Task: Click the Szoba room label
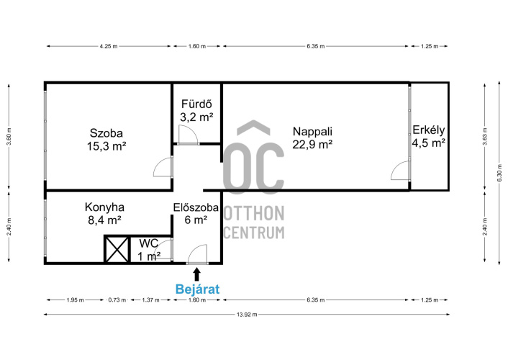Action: tap(106, 140)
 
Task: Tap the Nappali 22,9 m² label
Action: tap(312, 138)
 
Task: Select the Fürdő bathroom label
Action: tap(196, 110)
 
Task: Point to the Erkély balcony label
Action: tap(428, 136)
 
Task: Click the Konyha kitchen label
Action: tap(104, 213)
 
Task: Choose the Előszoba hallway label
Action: tap(196, 213)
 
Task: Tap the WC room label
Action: tap(149, 250)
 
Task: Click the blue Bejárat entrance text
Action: tap(197, 289)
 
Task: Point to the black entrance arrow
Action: tap(196, 274)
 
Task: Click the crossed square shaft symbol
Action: tap(117, 249)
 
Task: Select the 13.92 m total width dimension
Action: tap(247, 314)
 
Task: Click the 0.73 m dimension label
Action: tap(117, 300)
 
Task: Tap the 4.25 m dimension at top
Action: tap(109, 46)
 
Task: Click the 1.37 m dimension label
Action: tap(150, 300)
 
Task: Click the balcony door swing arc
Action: tap(396, 166)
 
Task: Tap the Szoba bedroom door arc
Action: tap(159, 163)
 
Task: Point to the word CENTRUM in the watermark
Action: tap(254, 233)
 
